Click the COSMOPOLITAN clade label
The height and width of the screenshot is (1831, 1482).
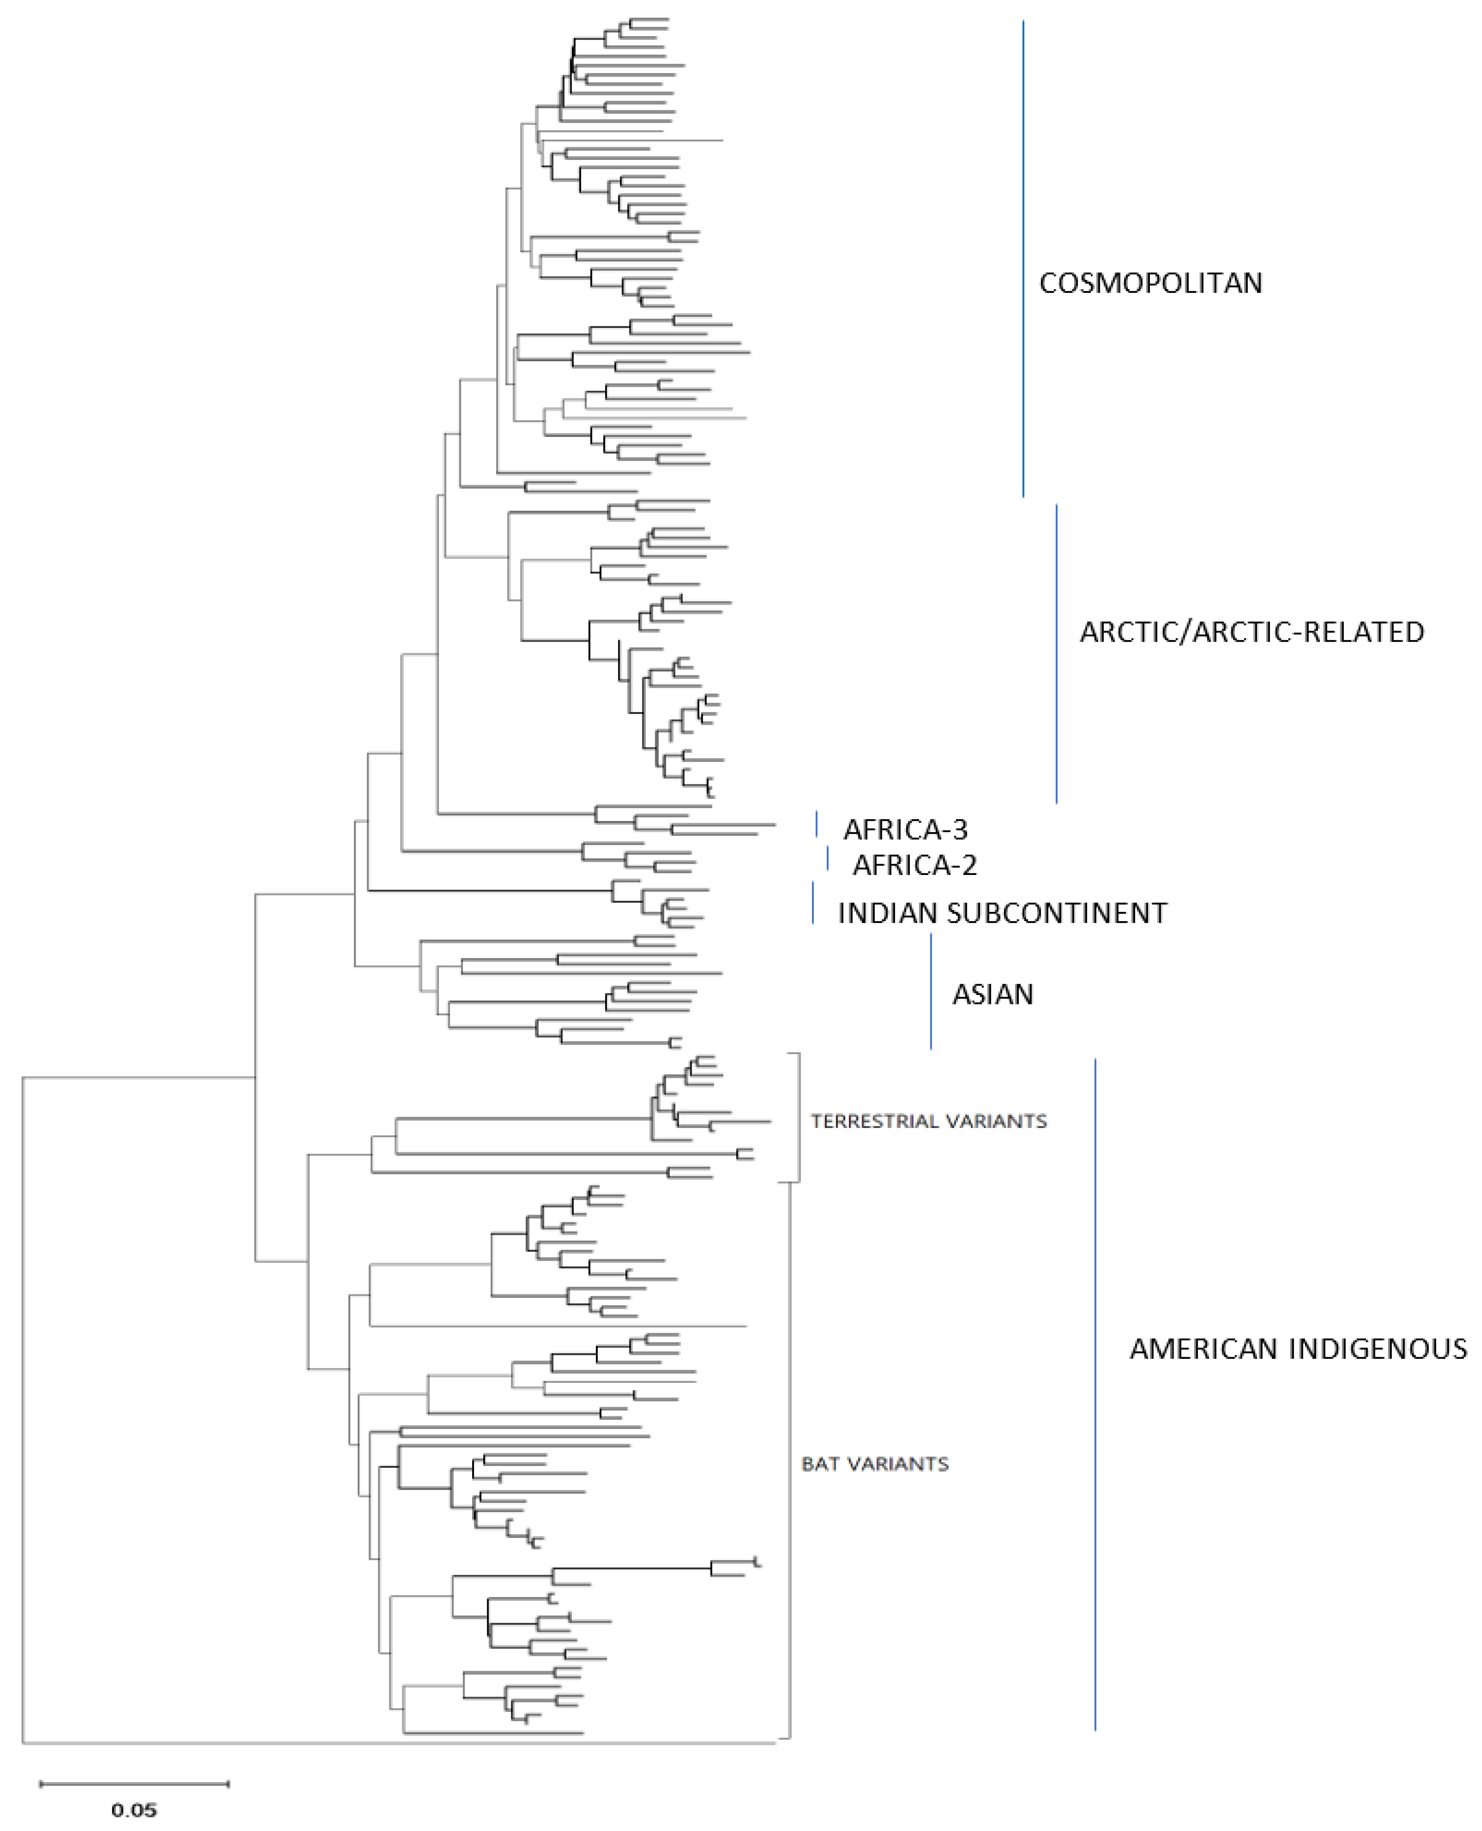point(1150,283)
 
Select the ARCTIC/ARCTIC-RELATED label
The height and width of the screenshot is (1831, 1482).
point(1252,632)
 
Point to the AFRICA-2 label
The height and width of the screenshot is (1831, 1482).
point(914,866)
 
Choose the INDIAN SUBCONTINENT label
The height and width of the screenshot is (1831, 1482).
point(1001,913)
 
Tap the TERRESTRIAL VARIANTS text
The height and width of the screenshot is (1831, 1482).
point(928,1122)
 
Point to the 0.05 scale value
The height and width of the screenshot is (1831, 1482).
point(134,1810)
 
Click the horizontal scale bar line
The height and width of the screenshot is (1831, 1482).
point(134,1783)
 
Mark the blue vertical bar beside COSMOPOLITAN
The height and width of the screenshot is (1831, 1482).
point(1023,256)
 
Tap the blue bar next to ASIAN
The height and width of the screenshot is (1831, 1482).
point(931,990)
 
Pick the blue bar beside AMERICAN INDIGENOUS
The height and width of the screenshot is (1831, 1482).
point(1095,1400)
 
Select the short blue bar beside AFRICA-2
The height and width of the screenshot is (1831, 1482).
point(827,859)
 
